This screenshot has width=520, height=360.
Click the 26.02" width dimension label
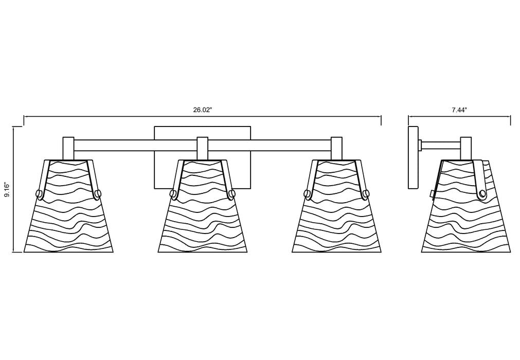pyautogui.click(x=202, y=111)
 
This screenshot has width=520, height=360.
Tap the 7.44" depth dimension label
pyautogui.click(x=459, y=111)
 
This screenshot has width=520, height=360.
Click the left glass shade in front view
pyautogui.click(x=68, y=206)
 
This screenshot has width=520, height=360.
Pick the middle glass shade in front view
pyautogui.click(x=203, y=206)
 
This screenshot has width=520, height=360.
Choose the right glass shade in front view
pyautogui.click(x=336, y=206)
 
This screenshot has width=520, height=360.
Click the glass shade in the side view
pyautogui.click(x=466, y=206)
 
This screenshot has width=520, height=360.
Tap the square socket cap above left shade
pyautogui.click(x=68, y=148)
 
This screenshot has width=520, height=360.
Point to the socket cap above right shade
pyautogui.click(x=336, y=148)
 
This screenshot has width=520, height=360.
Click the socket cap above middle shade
pyautogui.click(x=202, y=148)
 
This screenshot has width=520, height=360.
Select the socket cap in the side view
pyautogui.click(x=466, y=148)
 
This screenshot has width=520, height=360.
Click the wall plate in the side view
pyautogui.click(x=413, y=157)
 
